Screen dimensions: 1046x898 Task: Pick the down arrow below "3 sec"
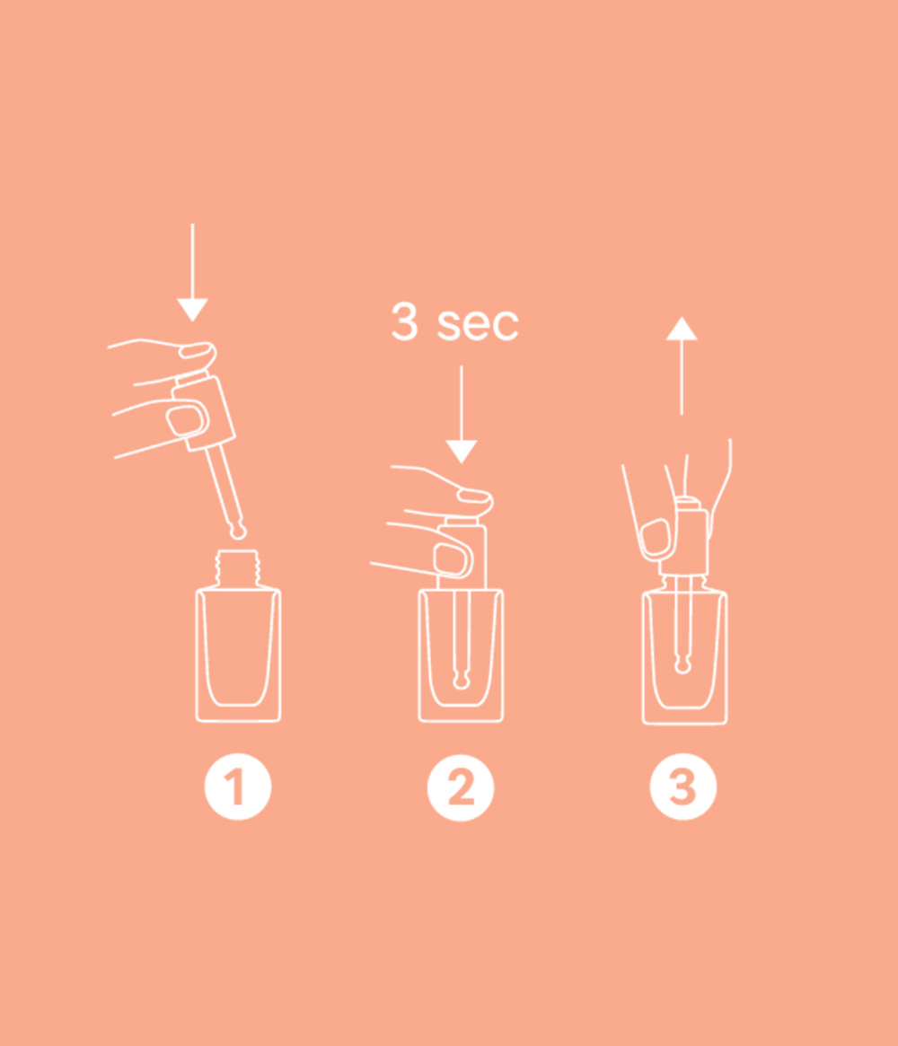tap(461, 414)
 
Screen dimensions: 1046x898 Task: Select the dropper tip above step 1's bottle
tap(237, 532)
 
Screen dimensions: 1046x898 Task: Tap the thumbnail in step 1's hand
tap(187, 418)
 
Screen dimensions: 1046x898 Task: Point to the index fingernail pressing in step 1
tap(193, 350)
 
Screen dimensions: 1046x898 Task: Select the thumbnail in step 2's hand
tap(451, 558)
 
